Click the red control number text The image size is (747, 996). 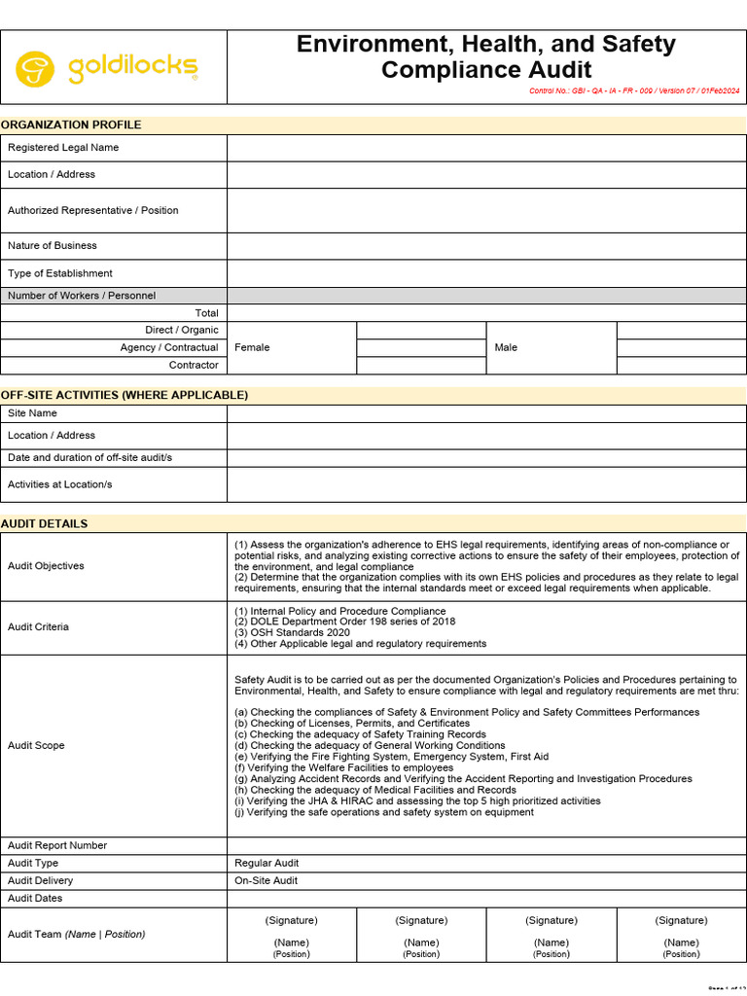click(633, 90)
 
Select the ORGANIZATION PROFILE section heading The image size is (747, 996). click(71, 124)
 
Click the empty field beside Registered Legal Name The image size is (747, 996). click(486, 148)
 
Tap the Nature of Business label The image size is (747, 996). click(53, 246)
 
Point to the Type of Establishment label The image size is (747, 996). click(60, 273)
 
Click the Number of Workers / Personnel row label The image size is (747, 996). click(82, 296)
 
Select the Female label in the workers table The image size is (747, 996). click(252, 347)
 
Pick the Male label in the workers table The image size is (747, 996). click(506, 347)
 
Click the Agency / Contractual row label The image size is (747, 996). click(169, 347)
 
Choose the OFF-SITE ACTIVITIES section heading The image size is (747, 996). click(124, 395)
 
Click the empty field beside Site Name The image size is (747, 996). click(486, 413)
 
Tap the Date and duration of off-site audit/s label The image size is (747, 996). click(90, 457)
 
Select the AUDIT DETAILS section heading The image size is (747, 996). click(44, 523)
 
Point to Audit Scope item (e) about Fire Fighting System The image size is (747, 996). click(391, 757)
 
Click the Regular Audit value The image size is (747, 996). click(267, 863)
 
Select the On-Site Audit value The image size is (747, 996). click(267, 880)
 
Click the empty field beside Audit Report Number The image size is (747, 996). click(486, 845)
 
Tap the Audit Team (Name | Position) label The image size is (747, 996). click(76, 934)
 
